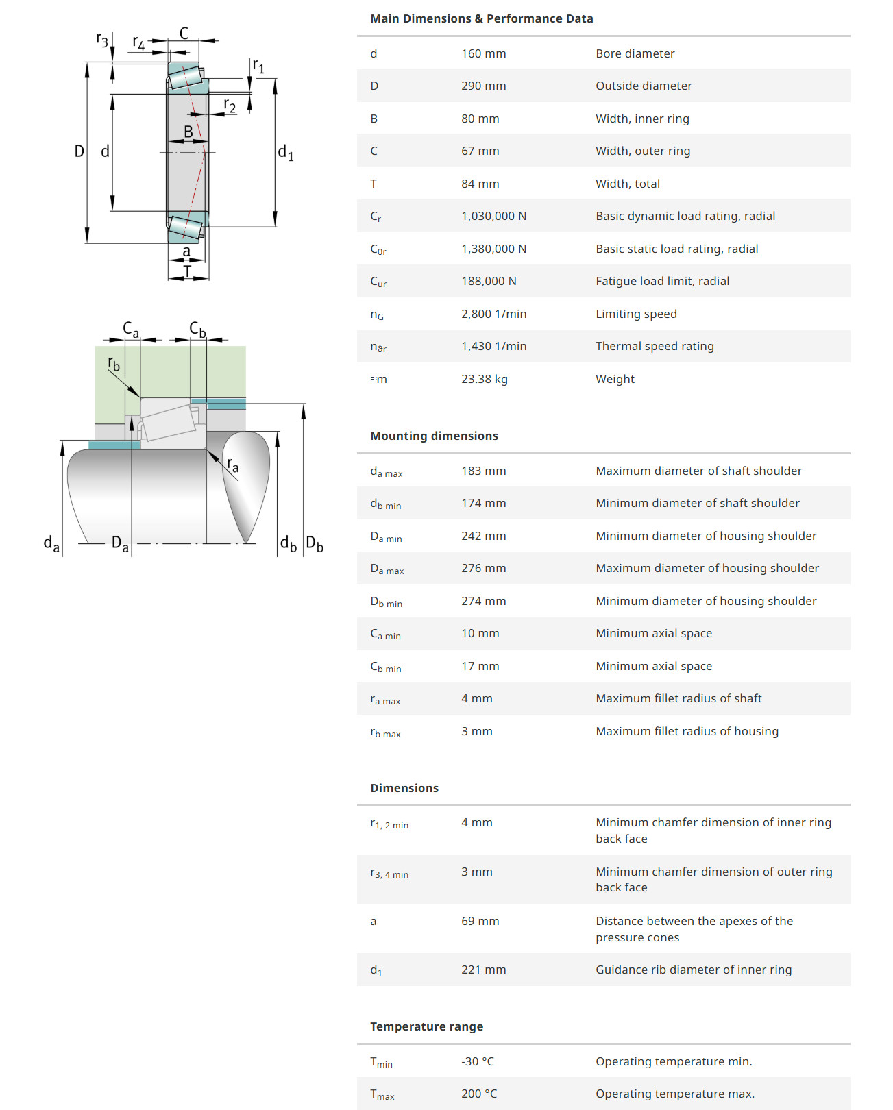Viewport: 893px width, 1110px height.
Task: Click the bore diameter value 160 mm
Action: [483, 53]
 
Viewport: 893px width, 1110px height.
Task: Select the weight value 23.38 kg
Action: [484, 379]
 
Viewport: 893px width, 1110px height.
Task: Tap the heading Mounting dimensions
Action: [434, 436]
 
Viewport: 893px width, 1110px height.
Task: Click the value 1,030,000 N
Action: [493, 216]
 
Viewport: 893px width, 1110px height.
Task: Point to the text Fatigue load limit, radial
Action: [662, 281]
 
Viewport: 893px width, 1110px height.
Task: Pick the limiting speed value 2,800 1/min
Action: [493, 314]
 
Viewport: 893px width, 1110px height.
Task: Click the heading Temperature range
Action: [426, 1026]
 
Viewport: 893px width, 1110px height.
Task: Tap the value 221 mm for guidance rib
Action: [483, 970]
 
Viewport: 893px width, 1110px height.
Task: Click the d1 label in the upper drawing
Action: [285, 153]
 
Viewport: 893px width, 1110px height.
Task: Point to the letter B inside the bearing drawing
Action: [188, 132]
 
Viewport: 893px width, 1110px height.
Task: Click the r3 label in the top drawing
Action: [102, 40]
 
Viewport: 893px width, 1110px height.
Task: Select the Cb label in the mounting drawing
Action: [197, 330]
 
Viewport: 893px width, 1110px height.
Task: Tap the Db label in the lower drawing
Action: [315, 544]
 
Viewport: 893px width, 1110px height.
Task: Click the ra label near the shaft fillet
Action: [233, 466]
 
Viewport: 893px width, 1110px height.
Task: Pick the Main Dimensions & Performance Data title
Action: [481, 18]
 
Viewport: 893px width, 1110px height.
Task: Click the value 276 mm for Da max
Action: [483, 568]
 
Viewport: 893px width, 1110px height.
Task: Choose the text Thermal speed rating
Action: [655, 346]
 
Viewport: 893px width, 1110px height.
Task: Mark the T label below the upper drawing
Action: [187, 272]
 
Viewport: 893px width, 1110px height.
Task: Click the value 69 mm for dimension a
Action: [480, 921]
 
